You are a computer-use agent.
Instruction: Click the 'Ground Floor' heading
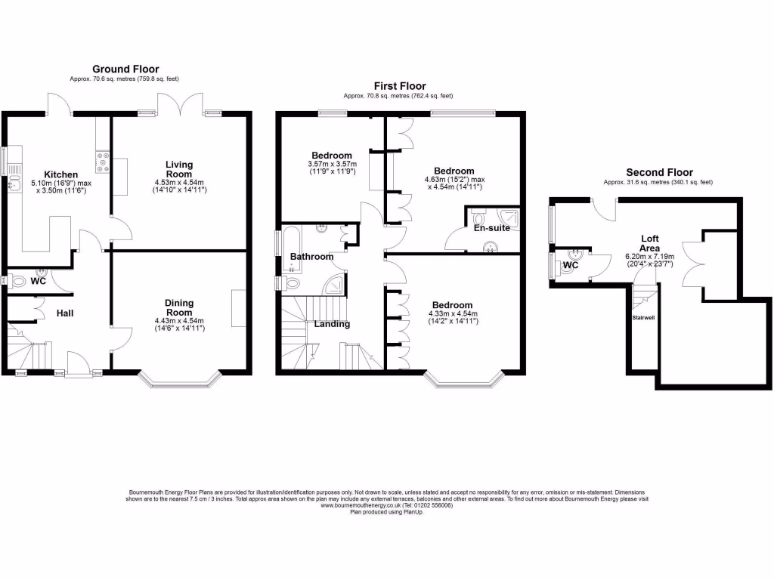coord(125,69)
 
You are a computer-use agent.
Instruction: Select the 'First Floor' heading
coord(400,86)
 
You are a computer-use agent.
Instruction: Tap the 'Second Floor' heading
coord(659,172)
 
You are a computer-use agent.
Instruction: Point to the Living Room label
coord(179,168)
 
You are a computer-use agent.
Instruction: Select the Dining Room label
coord(178,307)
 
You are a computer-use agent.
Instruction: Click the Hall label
coord(64,313)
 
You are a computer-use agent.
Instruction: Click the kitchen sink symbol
coord(11,184)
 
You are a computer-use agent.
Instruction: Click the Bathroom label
coord(311,257)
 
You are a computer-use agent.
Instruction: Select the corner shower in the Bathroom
coord(333,284)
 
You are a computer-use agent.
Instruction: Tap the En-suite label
coord(492,227)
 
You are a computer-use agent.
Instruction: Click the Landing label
coord(332,325)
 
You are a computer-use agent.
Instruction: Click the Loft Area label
coord(649,243)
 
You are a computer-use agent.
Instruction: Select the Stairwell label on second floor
coord(643,318)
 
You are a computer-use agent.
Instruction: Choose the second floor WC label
coord(571,266)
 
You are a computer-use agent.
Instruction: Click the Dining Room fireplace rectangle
coord(238,307)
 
